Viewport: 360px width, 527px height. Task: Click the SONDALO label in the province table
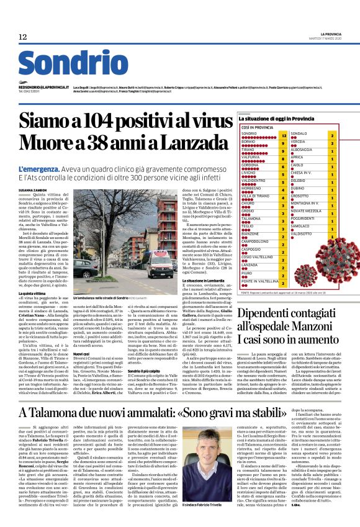300,134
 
